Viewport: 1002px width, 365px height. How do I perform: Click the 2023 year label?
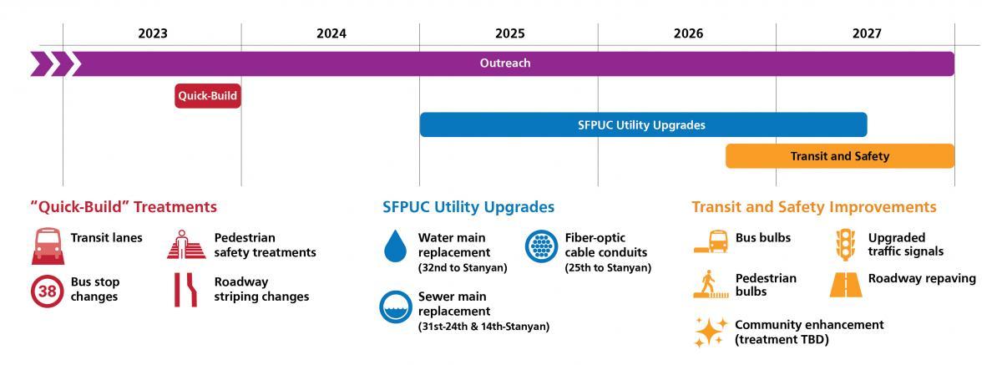tap(153, 34)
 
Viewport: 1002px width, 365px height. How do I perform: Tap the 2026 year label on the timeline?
tap(688, 34)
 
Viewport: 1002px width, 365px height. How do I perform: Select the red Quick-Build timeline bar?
tap(208, 96)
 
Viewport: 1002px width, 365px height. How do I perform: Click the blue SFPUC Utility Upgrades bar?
tap(642, 125)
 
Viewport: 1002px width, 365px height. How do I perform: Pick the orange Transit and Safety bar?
tap(839, 156)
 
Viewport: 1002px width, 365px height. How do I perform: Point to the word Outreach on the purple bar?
tap(504, 63)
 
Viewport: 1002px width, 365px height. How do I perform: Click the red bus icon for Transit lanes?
tap(45, 245)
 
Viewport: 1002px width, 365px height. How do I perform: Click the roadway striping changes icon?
tap(185, 290)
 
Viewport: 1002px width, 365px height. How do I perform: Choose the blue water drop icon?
tap(393, 246)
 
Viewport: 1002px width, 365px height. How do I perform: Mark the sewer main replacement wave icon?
tap(393, 307)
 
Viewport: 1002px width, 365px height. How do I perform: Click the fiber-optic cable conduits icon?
tap(540, 246)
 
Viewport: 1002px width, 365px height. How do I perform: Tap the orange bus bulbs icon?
tap(711, 241)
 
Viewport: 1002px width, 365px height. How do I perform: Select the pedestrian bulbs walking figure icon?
tap(711, 284)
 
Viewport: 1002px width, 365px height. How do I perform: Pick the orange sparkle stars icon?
tap(711, 332)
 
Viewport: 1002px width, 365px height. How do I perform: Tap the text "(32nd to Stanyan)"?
tap(463, 267)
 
